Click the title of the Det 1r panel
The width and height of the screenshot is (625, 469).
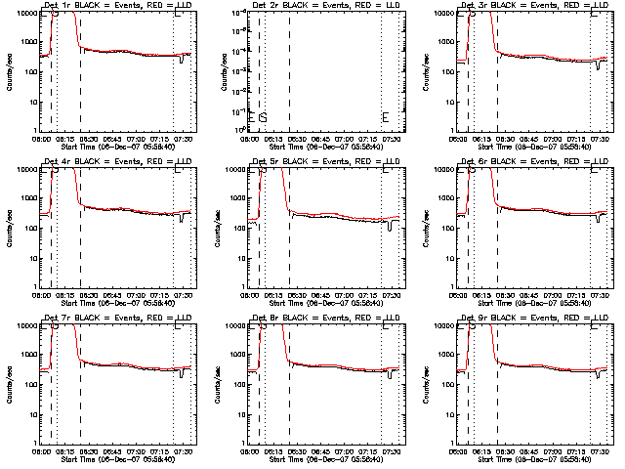point(118,6)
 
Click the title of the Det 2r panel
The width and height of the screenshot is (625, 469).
point(327,6)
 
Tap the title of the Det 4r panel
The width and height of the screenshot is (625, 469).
point(118,161)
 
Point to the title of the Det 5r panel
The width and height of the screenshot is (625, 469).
point(327,161)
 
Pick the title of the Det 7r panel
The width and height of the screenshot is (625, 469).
point(118,318)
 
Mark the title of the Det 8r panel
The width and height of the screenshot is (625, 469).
point(327,318)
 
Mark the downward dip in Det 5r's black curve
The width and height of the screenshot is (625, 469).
point(391,227)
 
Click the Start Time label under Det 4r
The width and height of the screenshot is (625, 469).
point(118,303)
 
